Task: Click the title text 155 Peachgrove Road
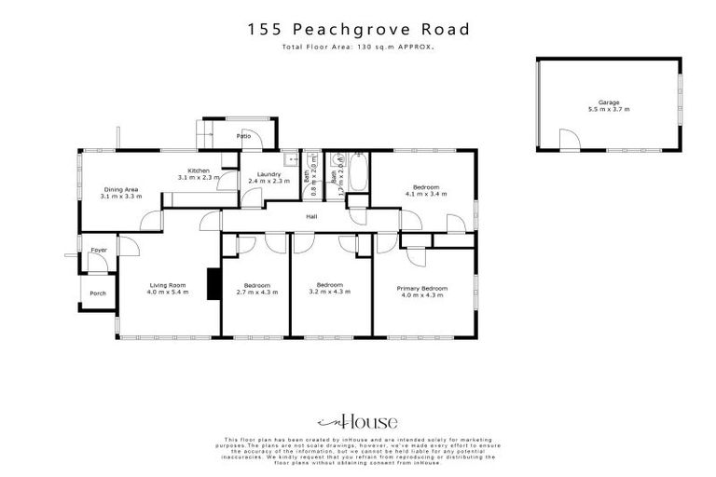(x=358, y=29)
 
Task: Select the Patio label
(x=243, y=136)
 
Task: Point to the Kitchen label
(x=199, y=170)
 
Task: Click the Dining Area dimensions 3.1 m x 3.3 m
(x=122, y=198)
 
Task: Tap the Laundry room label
(x=256, y=172)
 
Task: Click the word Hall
(x=311, y=219)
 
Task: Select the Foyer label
(x=99, y=250)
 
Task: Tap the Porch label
(x=97, y=293)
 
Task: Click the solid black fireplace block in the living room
(x=212, y=281)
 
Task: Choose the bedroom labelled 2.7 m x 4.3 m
(x=256, y=292)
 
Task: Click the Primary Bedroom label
(x=421, y=289)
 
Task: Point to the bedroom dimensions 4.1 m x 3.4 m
(x=426, y=195)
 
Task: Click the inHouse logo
(x=358, y=420)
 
